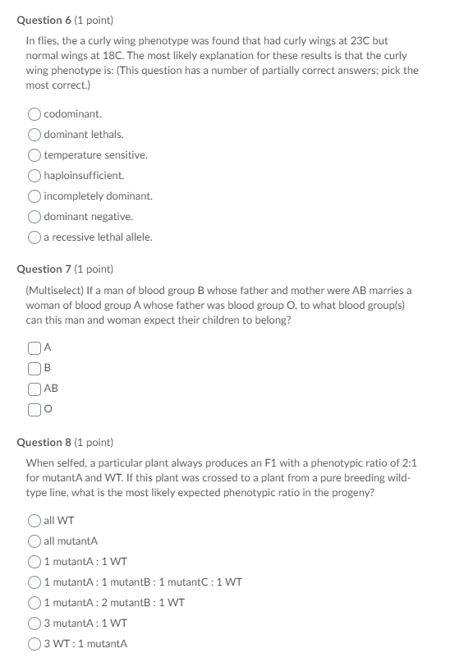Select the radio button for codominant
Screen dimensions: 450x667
[x=35, y=114]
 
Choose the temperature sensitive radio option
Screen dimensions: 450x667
[x=35, y=155]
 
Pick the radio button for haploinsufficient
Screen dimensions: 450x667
[x=35, y=176]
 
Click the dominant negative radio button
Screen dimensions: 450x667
[x=35, y=217]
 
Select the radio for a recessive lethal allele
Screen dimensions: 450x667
[x=35, y=237]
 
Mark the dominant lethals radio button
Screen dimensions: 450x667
[x=35, y=135]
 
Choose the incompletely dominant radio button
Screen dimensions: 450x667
[x=35, y=196]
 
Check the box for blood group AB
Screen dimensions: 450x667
[x=34, y=389]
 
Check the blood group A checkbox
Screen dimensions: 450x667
[x=34, y=347]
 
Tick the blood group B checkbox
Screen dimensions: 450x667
[x=34, y=368]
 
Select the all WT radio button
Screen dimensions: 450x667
[x=35, y=520]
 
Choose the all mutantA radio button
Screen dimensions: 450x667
[x=35, y=540]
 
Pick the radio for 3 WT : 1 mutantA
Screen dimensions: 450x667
[x=35, y=644]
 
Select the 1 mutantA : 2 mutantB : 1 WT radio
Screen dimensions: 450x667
[x=35, y=602]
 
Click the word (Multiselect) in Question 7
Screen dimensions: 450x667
[x=53, y=290]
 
